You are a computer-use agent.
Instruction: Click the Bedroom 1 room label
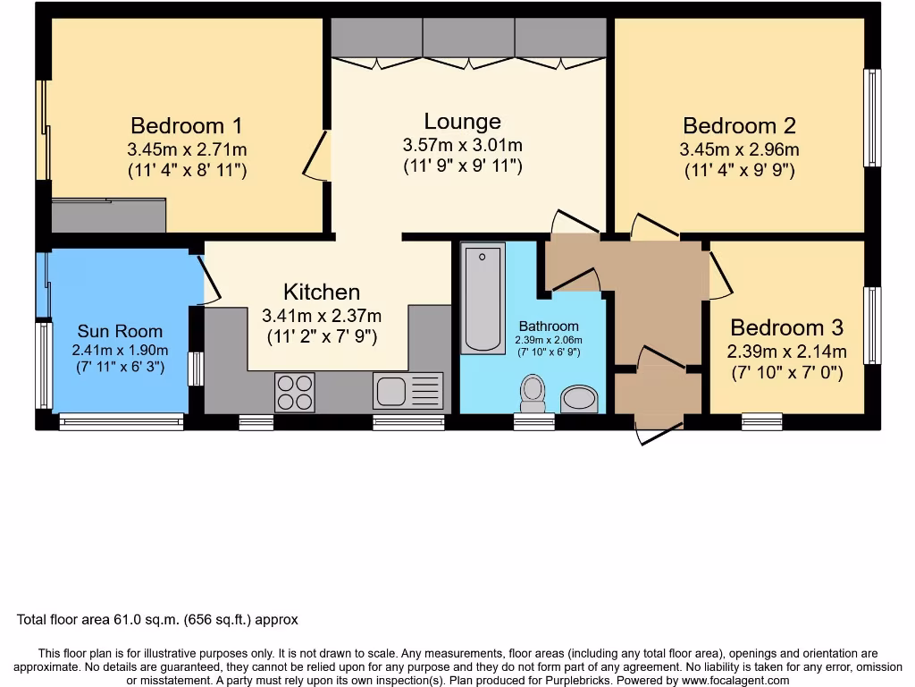(186, 125)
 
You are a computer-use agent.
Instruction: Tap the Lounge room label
(462, 122)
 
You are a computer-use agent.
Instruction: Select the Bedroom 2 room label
(739, 125)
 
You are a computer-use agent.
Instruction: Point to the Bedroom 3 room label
(786, 327)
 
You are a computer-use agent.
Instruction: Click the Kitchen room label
(322, 293)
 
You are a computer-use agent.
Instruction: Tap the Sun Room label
(120, 331)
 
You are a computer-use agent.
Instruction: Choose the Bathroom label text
(549, 327)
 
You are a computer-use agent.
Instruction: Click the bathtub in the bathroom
(483, 298)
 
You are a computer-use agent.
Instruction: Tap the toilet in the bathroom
(533, 394)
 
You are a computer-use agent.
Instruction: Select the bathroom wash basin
(579, 399)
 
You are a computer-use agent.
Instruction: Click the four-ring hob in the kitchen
(295, 393)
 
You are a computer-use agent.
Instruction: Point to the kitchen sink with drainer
(407, 391)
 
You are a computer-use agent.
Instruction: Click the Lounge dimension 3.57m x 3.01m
(462, 145)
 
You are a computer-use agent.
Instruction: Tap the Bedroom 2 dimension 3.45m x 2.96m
(739, 149)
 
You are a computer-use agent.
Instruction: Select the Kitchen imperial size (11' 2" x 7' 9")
(322, 337)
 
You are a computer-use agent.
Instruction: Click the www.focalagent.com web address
(735, 681)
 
